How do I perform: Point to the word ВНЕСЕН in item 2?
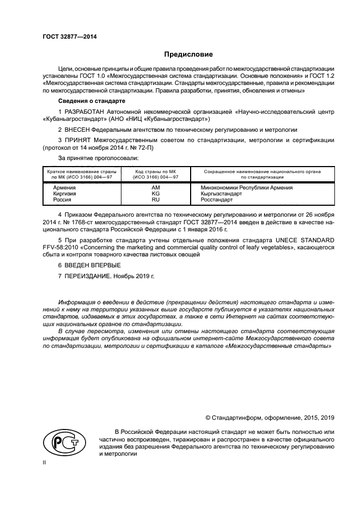pos(80,130)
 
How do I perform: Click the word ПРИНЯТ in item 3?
pos(80,140)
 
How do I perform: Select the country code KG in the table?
pos(155,193)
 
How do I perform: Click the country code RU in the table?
pos(155,200)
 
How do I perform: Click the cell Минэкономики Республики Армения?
pos(243,187)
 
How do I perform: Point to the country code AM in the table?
pos(155,187)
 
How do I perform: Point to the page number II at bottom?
pos(44,463)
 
